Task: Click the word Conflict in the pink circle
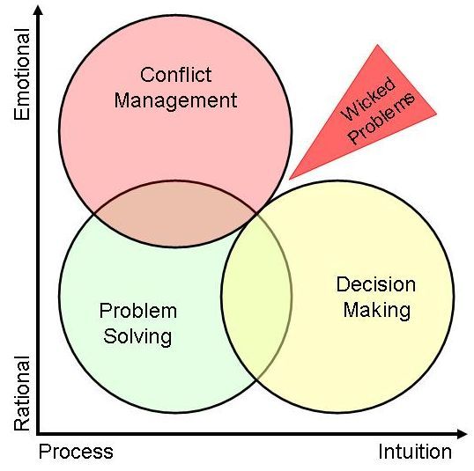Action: (x=175, y=75)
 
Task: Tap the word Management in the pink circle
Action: (x=175, y=101)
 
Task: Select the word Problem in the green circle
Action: (x=138, y=311)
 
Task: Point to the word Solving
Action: (x=137, y=337)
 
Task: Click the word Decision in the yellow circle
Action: (x=376, y=284)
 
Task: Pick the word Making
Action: (x=377, y=311)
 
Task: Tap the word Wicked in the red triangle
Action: (x=368, y=99)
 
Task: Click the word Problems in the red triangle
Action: (x=381, y=119)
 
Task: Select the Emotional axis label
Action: (x=22, y=74)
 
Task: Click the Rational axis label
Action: (x=22, y=393)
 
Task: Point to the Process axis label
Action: (x=76, y=452)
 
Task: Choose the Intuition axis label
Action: (x=415, y=452)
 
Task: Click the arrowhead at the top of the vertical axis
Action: (x=38, y=10)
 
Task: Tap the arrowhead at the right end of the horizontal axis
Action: (x=463, y=434)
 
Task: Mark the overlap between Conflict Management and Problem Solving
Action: (x=175, y=214)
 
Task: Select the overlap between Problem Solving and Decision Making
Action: (x=256, y=296)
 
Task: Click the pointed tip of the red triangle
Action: (x=290, y=180)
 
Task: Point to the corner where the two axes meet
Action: (x=38, y=434)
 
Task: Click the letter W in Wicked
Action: (x=351, y=112)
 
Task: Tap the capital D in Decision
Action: (x=343, y=284)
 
